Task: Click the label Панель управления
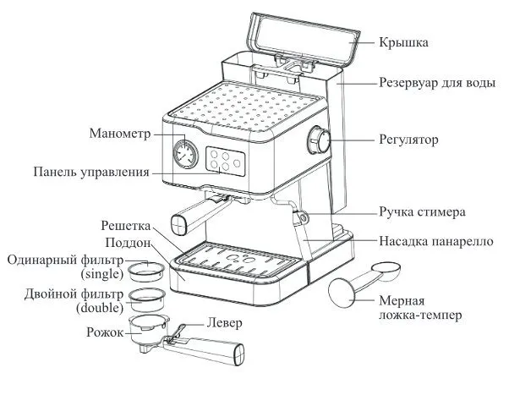point(91,172)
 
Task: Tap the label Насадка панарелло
point(435,239)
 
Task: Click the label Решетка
point(126,226)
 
